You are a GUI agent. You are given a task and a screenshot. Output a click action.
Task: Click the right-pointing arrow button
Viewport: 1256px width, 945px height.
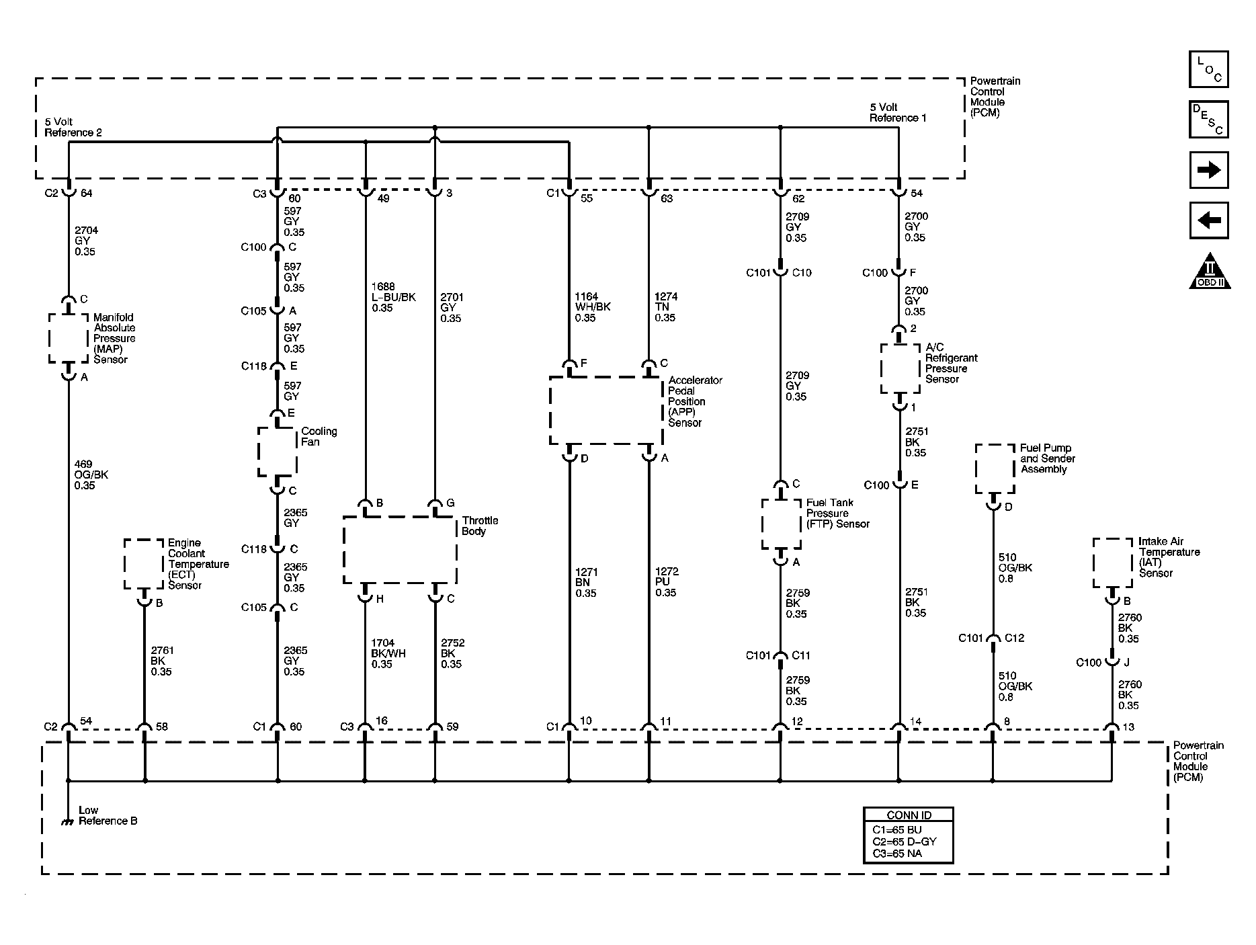[x=1208, y=170]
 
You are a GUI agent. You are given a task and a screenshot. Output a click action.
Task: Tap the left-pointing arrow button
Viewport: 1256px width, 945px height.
[x=1208, y=220]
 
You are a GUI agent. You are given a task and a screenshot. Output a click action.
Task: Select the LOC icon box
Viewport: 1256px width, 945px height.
[x=1208, y=69]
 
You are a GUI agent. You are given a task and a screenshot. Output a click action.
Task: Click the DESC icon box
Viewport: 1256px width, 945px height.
[x=1208, y=120]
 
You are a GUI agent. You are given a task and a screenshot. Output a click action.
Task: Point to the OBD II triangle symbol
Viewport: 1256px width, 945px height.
[x=1210, y=272]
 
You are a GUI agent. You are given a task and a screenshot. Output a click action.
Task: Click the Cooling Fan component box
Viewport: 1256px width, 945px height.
[x=278, y=452]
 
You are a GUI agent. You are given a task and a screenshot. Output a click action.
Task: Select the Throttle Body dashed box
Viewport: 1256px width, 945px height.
[x=400, y=550]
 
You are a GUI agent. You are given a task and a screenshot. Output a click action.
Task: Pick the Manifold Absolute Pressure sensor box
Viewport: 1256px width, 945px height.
[x=69, y=338]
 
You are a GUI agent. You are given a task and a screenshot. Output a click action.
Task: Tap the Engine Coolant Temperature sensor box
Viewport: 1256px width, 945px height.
[x=144, y=564]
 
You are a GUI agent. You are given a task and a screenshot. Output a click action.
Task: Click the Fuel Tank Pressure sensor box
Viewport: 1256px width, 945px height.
[x=781, y=524]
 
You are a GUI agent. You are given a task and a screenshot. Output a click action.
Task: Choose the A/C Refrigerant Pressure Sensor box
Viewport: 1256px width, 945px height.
[x=900, y=368]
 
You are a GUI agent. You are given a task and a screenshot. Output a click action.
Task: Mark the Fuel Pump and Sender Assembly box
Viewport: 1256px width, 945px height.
[x=995, y=468]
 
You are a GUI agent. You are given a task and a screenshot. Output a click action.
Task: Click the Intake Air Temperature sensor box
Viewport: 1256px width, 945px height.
[x=1112, y=563]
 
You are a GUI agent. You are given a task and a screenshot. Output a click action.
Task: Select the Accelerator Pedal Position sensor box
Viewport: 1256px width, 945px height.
[x=605, y=410]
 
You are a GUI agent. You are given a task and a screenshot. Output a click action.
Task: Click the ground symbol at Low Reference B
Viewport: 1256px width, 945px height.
[x=67, y=821]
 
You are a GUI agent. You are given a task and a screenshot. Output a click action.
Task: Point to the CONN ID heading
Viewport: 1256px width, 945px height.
[x=909, y=815]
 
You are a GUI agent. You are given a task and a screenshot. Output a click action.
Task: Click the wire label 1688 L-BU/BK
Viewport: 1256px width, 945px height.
[x=393, y=298]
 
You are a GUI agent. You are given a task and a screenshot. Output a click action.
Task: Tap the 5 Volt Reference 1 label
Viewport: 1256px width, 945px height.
[x=898, y=113]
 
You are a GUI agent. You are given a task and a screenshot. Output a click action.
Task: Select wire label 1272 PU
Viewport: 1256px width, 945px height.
[x=667, y=582]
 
